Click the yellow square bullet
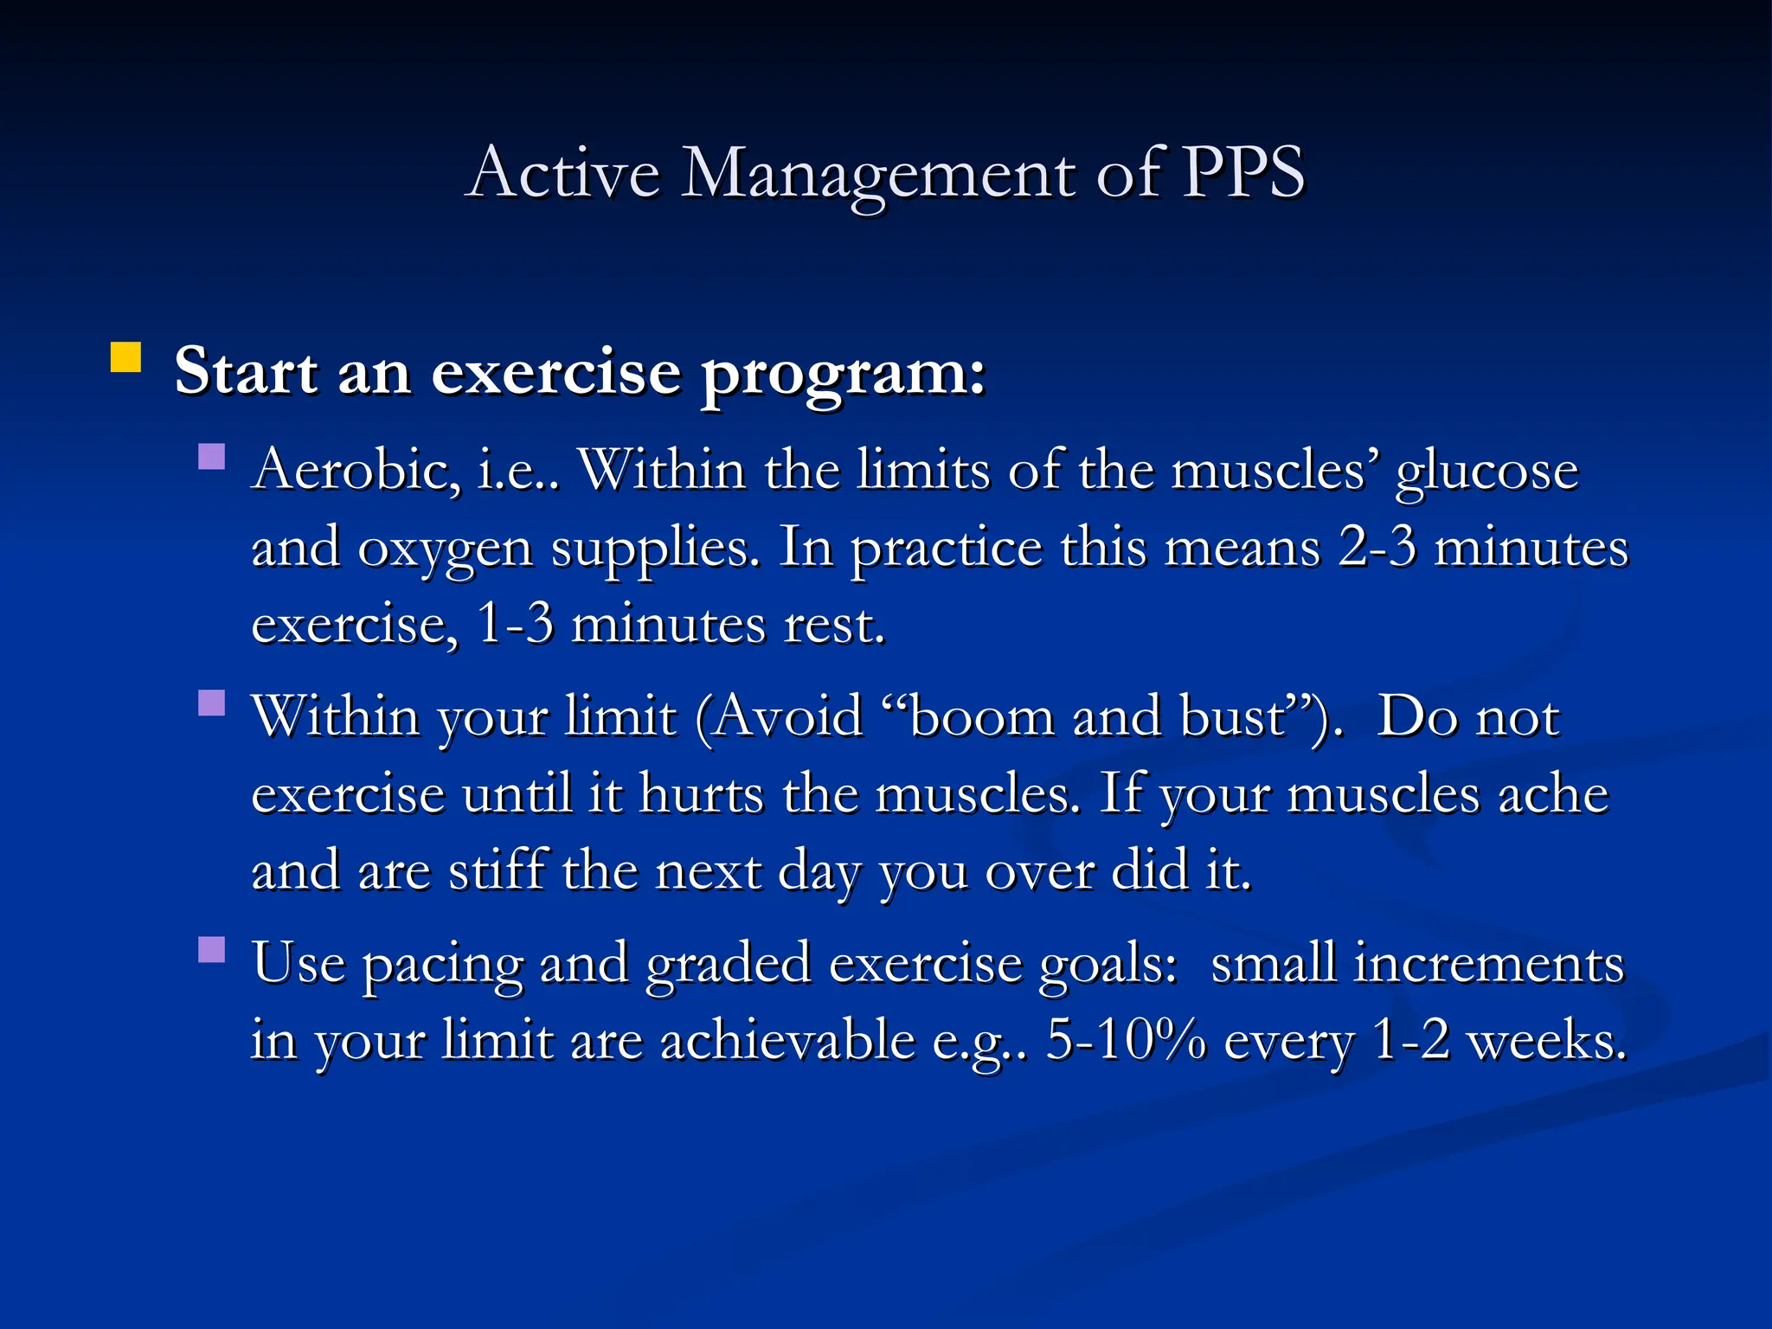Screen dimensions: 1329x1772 [x=126, y=357]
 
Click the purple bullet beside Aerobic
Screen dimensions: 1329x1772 [x=211, y=456]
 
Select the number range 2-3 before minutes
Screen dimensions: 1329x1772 [x=1377, y=548]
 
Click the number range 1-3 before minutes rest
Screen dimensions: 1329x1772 [x=515, y=624]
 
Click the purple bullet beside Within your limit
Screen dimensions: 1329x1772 [x=211, y=703]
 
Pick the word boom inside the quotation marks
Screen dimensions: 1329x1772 [x=981, y=717]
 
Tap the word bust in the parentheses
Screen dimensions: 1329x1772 [x=1234, y=717]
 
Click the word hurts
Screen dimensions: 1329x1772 [x=701, y=793]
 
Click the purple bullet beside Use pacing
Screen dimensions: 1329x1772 [x=211, y=949]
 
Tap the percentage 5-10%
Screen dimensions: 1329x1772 [x=1126, y=1040]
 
